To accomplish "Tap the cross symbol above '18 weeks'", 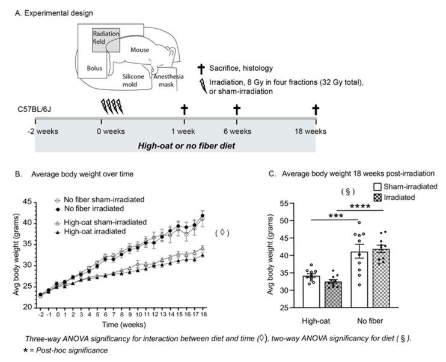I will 316,109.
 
